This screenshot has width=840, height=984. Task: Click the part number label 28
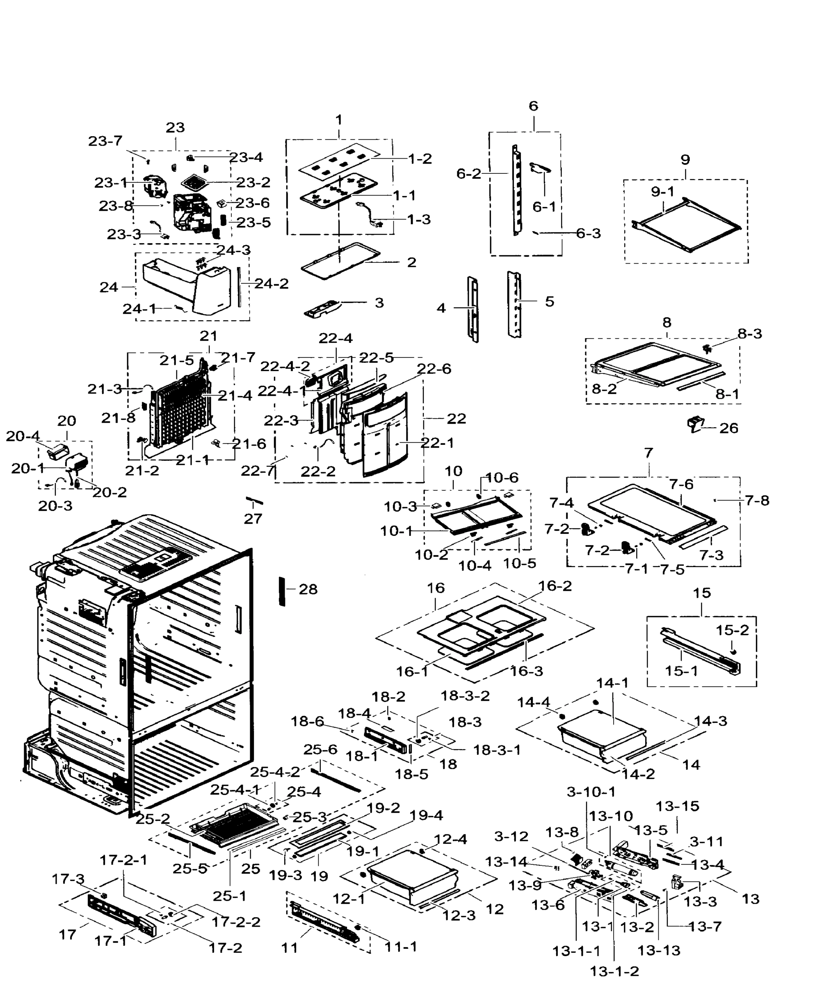coord(308,589)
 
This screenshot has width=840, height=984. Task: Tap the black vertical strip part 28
coord(282,591)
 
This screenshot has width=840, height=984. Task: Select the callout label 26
coord(728,428)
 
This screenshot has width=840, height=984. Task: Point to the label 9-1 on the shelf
coord(662,192)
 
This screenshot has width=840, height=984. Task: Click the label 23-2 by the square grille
coord(253,182)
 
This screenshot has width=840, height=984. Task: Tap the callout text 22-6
coord(434,369)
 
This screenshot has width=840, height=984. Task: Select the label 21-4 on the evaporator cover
coord(235,395)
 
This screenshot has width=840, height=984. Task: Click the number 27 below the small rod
coord(253,519)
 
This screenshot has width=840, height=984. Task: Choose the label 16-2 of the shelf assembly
coord(555,585)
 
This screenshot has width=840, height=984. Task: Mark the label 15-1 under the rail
coord(681,671)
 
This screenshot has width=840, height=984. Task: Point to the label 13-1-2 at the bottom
coord(614,971)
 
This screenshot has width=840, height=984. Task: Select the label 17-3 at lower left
coord(68,879)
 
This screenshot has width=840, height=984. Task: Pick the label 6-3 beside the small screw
coord(588,233)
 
